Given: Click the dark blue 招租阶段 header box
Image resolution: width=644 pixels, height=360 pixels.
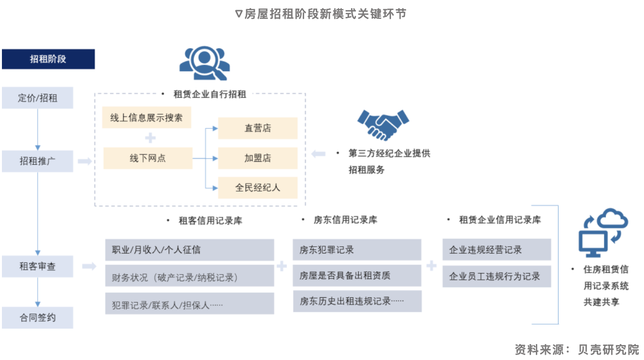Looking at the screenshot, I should [48, 59].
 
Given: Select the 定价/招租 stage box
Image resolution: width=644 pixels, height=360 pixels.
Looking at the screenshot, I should [38, 98].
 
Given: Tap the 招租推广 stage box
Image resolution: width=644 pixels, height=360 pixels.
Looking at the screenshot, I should [38, 161].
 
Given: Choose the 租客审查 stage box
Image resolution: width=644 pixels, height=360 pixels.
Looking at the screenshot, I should [38, 266].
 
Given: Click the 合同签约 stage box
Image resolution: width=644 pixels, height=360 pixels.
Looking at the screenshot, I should [38, 318].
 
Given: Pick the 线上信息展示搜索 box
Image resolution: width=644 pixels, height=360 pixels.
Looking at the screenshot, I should [147, 118].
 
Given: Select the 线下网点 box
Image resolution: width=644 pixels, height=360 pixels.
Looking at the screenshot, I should [148, 158].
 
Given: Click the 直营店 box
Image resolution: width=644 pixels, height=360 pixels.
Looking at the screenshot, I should [258, 128].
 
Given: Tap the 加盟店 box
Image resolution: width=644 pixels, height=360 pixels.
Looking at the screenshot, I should [258, 158].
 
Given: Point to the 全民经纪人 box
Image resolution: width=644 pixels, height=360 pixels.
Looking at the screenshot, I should [258, 188].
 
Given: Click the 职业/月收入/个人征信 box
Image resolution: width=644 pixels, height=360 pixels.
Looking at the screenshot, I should [189, 250].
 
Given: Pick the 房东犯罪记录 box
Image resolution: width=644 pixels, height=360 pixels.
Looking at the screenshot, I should [357, 250].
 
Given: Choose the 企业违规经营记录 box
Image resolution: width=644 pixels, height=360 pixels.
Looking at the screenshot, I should [496, 250].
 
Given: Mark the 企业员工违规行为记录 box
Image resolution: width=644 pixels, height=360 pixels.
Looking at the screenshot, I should [496, 277].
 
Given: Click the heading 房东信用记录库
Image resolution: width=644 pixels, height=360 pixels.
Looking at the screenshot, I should [345, 220].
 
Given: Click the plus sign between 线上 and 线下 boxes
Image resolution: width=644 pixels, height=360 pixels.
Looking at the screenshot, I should [151, 138].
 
